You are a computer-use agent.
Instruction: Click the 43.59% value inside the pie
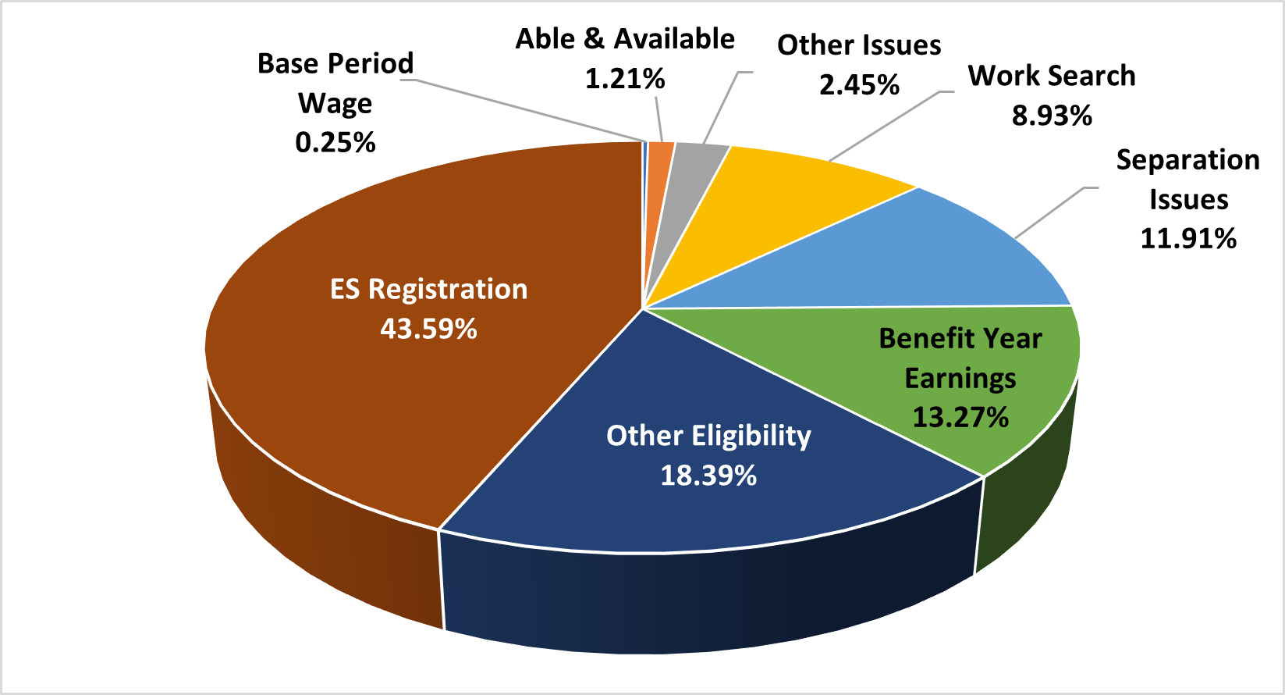(428, 329)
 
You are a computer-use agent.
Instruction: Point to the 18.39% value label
(708, 475)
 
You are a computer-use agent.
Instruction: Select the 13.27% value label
(960, 417)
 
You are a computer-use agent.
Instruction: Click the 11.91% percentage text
(1188, 237)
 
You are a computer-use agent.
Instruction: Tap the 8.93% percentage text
(1052, 116)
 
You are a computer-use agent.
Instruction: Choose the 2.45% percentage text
(859, 84)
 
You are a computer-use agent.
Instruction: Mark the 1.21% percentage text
(625, 78)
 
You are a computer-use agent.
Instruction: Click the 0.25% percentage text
(335, 142)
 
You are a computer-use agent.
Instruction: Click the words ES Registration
(428, 289)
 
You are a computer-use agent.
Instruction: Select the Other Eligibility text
(708, 435)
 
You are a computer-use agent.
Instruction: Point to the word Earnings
(960, 378)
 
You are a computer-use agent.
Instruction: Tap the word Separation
(1188, 159)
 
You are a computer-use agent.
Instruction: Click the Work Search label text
(1052, 76)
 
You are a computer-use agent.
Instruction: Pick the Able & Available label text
(625, 38)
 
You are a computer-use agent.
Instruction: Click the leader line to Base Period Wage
(531, 111)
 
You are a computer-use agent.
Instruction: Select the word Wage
(335, 103)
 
